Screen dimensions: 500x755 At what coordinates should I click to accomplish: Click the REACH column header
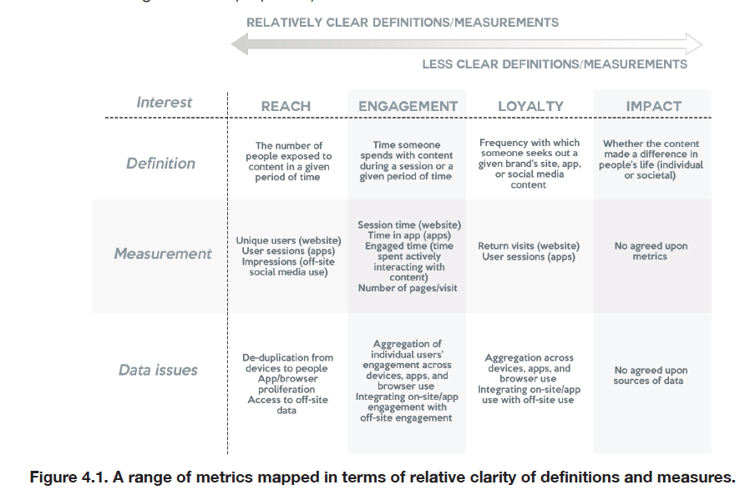(286, 106)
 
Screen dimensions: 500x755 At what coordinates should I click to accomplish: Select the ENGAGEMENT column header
(408, 106)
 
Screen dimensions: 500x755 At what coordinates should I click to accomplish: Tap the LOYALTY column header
(530, 106)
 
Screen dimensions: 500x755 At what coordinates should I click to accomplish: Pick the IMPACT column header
(653, 106)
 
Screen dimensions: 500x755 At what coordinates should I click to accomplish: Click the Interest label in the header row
(164, 103)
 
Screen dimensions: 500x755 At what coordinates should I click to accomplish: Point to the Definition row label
(160, 164)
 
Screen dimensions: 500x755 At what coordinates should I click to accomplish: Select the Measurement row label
(163, 254)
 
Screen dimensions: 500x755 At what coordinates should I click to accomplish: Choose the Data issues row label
(158, 370)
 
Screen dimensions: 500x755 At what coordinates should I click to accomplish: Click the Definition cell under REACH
(288, 161)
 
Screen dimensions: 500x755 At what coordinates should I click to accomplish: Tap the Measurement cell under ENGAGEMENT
(408, 256)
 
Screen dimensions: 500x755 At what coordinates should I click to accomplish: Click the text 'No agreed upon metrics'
(651, 251)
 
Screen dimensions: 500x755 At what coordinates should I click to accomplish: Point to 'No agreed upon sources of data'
(651, 376)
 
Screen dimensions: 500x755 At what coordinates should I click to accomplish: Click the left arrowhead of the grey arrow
(239, 43)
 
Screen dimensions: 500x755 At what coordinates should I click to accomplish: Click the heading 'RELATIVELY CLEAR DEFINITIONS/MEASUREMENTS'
(403, 22)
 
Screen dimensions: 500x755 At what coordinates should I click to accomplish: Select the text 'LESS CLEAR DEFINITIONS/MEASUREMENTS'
(555, 64)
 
